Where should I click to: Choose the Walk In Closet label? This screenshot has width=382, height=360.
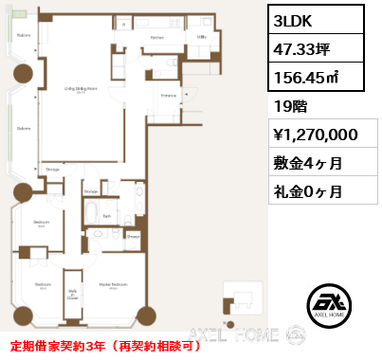(x=71, y=294)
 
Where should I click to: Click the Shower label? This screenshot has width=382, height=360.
(x=134, y=237)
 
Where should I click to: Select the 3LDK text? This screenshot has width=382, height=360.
(x=294, y=20)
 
